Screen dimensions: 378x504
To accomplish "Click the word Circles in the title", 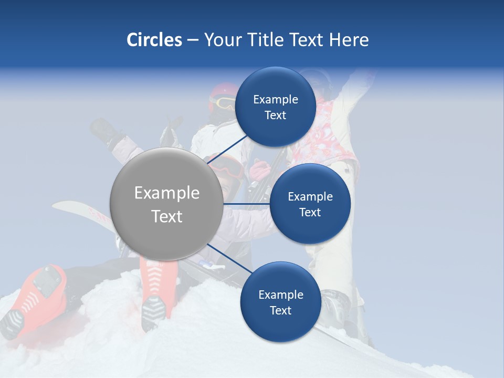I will click(154, 40).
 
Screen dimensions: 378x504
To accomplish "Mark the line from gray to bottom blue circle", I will click(225, 258).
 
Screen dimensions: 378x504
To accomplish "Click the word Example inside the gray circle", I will click(167, 193).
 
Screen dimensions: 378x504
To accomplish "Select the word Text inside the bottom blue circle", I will click(280, 310).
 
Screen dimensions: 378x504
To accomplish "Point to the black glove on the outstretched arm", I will click(105, 132).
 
